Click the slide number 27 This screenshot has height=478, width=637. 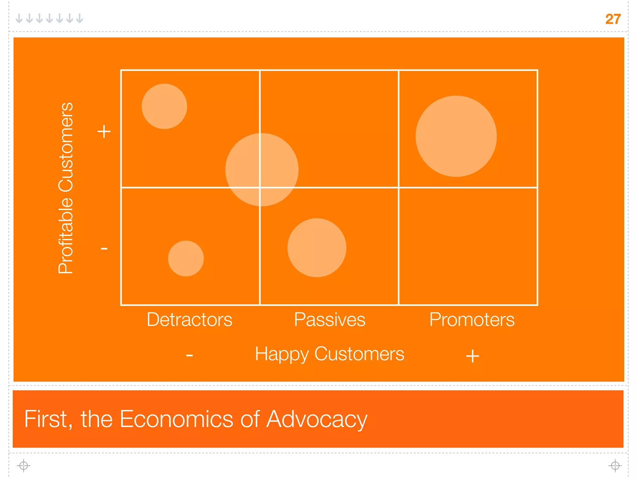point(613,19)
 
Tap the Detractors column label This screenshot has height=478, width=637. point(189,320)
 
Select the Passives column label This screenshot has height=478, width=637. point(330,320)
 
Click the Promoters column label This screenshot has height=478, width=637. point(472,320)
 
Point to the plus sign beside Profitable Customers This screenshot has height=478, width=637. point(104,131)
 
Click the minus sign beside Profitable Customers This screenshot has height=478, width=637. point(104,249)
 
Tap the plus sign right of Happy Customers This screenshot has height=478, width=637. point(472,356)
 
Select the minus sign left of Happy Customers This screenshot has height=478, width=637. point(189,355)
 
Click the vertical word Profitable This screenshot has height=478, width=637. point(66,235)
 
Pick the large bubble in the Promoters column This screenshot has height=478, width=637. point(456,136)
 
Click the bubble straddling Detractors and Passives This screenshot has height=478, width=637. point(262,170)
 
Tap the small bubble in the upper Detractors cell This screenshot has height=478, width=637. point(164,106)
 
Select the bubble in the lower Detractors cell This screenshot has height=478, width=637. point(186,258)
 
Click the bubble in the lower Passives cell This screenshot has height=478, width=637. point(317,248)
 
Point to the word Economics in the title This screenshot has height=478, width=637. point(177,419)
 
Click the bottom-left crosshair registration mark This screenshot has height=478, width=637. point(24,466)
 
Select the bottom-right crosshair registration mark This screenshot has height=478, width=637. point(615,466)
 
